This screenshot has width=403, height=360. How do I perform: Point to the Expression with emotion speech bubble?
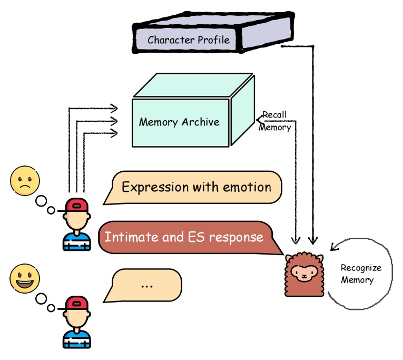[x=196, y=187]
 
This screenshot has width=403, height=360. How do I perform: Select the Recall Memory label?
[x=275, y=121]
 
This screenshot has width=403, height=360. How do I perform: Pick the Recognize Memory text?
[x=360, y=274]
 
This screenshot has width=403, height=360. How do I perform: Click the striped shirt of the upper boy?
[x=76, y=241]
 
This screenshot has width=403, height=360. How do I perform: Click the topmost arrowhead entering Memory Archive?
[x=113, y=109]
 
